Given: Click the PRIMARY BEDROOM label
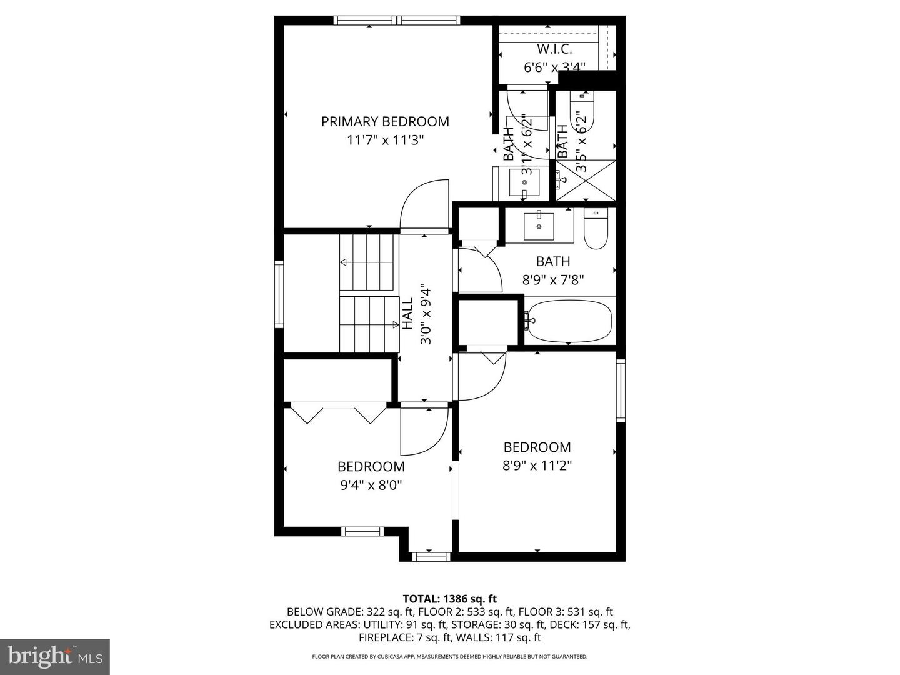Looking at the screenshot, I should point(385,121).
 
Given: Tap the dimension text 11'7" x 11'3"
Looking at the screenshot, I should point(385,140).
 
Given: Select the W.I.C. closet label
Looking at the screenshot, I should point(554,49).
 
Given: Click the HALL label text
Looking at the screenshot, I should point(407,314).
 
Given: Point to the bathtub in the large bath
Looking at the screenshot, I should point(568,321).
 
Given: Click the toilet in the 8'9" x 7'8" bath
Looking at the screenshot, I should point(596,229).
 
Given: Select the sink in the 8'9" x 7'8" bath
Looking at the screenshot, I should point(539,226).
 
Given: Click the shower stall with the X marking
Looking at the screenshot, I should point(586,181).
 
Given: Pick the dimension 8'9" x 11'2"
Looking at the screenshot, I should point(537,466).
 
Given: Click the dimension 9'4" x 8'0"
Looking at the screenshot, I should point(371,485).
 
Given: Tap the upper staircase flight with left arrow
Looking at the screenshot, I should point(369,262).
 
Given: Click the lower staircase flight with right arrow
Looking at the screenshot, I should point(369,324).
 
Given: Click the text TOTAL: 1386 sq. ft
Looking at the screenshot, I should point(450,599).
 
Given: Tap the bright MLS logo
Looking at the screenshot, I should point(55,656).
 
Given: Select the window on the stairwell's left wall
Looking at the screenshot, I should point(279,294).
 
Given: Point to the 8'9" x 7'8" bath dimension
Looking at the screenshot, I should point(553,280).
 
